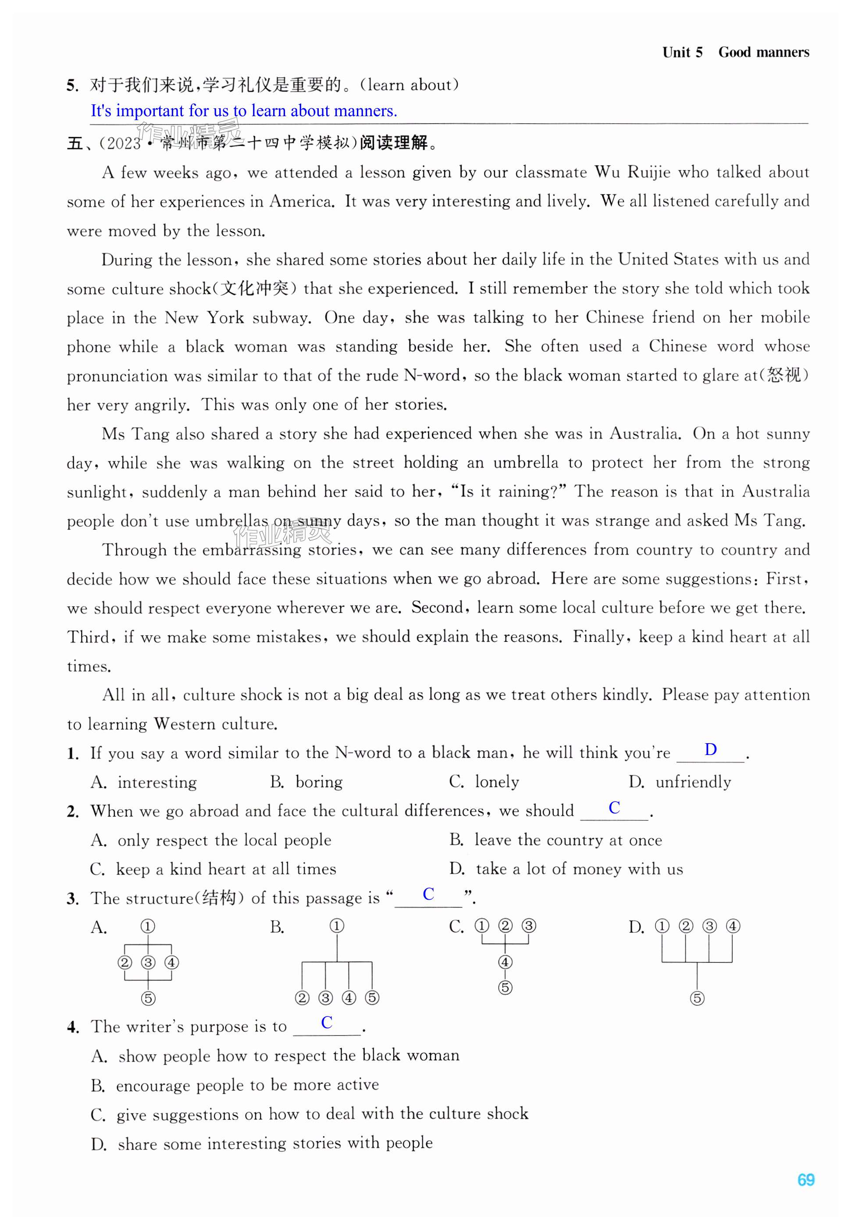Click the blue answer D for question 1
710,749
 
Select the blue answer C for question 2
614,807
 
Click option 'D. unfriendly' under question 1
680,782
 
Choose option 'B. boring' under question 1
306,782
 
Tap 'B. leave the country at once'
555,840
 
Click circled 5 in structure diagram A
148,998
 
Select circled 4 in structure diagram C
505,962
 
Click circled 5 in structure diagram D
697,998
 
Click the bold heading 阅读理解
394,143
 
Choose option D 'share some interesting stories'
262,1143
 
